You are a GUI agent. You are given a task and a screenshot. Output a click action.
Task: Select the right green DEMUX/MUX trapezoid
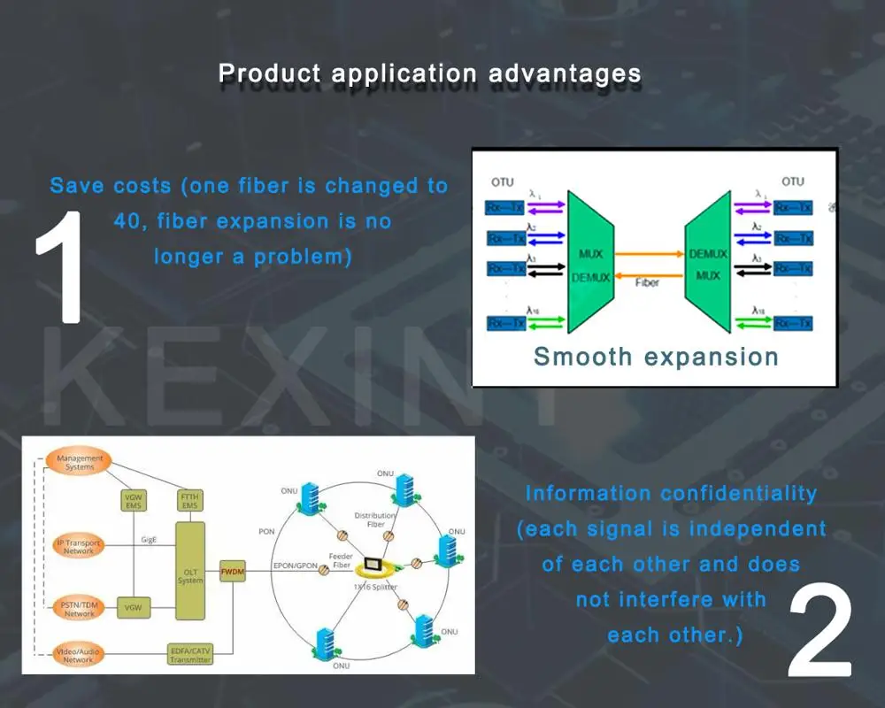[707, 265]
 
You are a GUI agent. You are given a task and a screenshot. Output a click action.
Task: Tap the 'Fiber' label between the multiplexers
[647, 283]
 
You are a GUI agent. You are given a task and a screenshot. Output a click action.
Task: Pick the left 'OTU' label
[502, 181]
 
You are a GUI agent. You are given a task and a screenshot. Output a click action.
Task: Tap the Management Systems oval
[80, 463]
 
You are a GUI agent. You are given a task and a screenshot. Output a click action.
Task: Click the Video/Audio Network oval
[78, 654]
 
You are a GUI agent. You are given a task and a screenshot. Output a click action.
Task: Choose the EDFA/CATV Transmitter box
[190, 654]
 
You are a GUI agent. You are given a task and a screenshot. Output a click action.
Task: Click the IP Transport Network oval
[79, 546]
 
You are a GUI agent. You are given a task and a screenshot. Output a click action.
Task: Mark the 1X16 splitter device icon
[375, 563]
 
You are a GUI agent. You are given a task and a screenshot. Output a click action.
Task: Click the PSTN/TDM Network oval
[79, 608]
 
